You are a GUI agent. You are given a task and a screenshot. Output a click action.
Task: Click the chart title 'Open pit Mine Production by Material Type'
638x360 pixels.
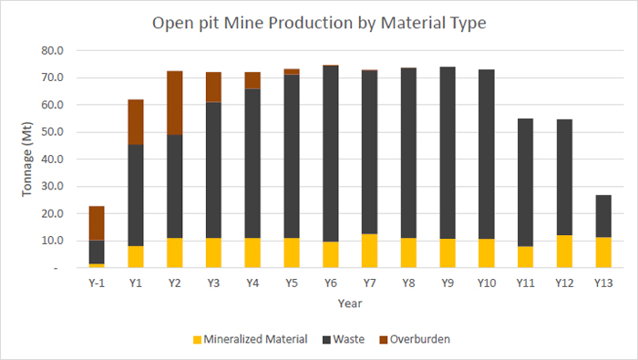[319, 23]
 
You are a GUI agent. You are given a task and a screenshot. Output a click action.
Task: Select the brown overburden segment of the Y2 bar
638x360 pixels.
[175, 103]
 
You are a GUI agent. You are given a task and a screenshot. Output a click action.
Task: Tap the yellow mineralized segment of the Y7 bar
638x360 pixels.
[369, 251]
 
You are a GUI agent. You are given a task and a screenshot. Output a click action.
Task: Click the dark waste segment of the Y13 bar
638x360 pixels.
[603, 216]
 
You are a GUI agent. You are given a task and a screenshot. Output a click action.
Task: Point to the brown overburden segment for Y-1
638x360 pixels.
[97, 223]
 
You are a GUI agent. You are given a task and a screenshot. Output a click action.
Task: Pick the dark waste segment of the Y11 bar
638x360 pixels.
[525, 182]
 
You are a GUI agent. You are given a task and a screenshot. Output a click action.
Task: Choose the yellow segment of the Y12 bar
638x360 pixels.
[564, 252]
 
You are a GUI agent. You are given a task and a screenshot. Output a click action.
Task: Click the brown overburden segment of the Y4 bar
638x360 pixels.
[252, 80]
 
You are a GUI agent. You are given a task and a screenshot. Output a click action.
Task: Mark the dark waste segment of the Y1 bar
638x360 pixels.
[136, 195]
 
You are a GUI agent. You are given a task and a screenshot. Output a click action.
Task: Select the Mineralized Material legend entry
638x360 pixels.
[251, 339]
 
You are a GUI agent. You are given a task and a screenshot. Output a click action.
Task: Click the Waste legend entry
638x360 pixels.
[344, 339]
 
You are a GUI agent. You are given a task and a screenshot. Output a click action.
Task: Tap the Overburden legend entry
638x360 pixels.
[415, 339]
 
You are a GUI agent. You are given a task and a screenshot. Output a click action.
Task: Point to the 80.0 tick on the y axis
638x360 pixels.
[53, 51]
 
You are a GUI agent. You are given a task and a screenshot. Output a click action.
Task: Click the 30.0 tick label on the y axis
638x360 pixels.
[53, 187]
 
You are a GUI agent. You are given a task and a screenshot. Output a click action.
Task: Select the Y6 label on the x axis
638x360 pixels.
[330, 283]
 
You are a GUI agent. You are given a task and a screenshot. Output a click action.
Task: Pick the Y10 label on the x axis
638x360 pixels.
[487, 283]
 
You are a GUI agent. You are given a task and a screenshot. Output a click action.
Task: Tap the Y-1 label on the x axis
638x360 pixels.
[97, 283]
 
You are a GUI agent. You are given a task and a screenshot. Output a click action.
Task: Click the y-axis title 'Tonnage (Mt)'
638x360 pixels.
[26, 159]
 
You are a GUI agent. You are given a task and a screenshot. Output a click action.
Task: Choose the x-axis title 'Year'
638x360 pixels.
[350, 303]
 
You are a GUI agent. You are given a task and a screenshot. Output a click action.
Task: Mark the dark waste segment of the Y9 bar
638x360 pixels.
[448, 153]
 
